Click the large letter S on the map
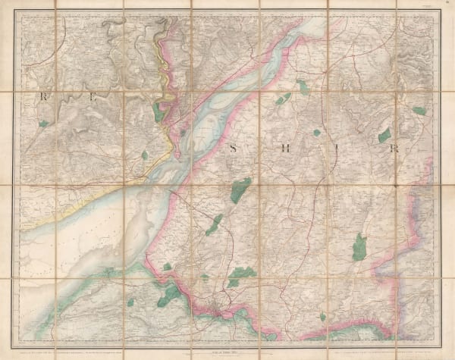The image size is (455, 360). click(234, 149)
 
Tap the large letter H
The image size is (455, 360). click(287, 149)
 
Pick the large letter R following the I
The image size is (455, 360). click(394, 149)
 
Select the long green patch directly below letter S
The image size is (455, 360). click(240, 189)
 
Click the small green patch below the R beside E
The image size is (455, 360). click(44, 123)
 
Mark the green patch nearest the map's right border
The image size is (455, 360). click(419, 111)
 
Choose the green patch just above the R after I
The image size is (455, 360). click(384, 136)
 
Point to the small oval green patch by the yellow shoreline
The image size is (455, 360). click(145, 155)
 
